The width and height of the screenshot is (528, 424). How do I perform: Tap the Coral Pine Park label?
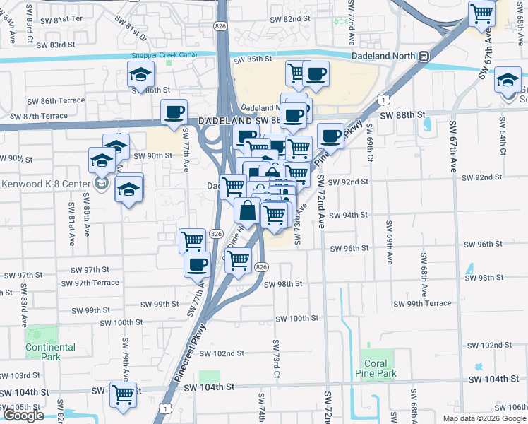pos(378,368)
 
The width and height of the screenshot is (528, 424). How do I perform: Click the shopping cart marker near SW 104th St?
pos(124,394)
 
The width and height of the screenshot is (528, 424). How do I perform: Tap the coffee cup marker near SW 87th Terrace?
pos(174,111)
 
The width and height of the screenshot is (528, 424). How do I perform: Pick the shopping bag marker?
pos(247,210)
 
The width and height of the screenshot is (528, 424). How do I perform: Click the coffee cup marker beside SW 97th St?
pos(197,264)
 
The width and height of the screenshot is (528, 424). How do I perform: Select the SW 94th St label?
pos(349,215)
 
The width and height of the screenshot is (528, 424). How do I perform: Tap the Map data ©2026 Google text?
pos(485,418)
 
